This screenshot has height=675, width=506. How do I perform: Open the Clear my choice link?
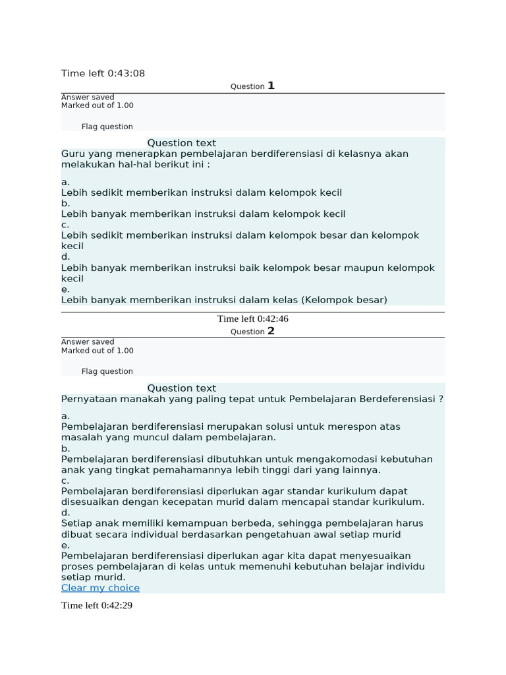coord(100,588)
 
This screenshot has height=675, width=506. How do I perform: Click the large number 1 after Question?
coord(271,86)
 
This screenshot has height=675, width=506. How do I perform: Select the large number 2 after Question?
coord(271,331)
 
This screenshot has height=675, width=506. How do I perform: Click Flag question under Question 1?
coord(107,127)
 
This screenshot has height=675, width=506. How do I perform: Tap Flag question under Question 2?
coord(107,372)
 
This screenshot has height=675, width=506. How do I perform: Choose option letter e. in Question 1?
coord(65,289)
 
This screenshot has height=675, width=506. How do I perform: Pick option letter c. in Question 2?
coord(65,481)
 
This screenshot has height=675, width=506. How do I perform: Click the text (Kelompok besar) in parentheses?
coord(345,300)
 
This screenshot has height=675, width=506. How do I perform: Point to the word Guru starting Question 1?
coord(73,154)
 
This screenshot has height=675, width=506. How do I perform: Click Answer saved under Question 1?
coord(88,98)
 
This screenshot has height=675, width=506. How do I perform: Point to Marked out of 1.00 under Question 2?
coord(97,351)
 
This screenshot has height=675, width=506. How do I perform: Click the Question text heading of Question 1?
coord(181,143)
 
